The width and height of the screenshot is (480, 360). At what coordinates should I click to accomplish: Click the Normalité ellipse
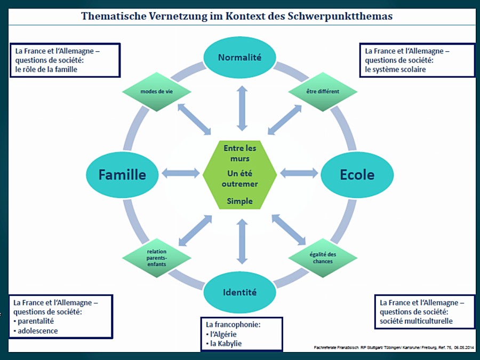(239, 57)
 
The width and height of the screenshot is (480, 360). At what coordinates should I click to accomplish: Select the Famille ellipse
(123, 174)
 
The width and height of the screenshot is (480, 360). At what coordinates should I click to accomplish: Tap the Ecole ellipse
(357, 174)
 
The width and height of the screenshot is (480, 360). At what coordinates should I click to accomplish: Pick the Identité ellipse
(239, 292)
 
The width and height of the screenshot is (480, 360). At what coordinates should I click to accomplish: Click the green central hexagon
(239, 174)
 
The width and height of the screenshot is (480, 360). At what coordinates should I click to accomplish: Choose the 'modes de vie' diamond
(156, 92)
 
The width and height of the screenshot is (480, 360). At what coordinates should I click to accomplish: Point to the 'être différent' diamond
(323, 91)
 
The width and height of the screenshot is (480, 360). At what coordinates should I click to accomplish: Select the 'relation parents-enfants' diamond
(156, 258)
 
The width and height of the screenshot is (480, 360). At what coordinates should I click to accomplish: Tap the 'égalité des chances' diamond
(323, 258)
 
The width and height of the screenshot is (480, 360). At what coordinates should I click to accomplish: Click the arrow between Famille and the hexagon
(180, 173)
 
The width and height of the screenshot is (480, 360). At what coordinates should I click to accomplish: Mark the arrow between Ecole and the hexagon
(299, 173)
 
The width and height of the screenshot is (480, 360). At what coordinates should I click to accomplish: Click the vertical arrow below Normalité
(242, 109)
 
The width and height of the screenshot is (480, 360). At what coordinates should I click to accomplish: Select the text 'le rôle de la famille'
(47, 69)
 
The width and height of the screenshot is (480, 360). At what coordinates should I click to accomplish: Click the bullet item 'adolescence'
(37, 331)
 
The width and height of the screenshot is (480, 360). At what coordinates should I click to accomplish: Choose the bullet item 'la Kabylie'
(226, 343)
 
